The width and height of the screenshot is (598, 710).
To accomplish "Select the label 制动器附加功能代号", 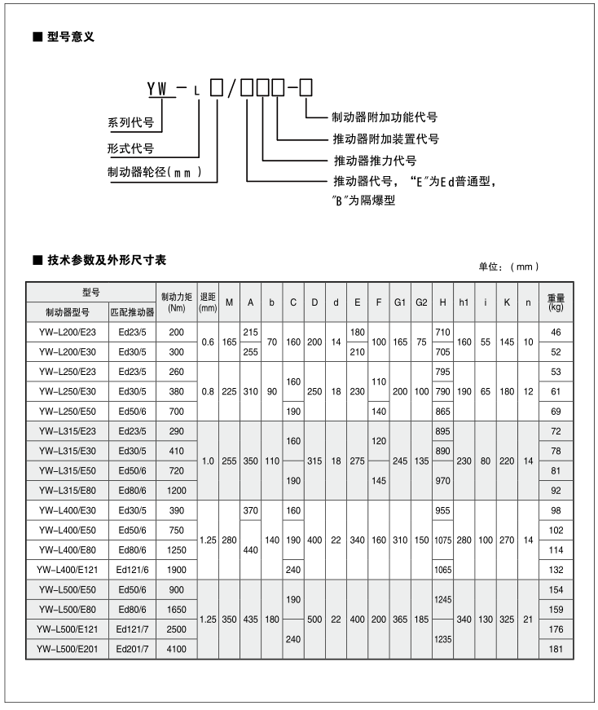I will coord(384,117).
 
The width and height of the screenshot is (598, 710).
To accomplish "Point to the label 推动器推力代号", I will coord(375,160).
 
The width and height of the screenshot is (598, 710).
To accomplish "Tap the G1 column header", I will coord(399,302).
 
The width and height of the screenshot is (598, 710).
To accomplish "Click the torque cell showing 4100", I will coord(177,649).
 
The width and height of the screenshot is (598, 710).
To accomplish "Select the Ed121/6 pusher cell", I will coord(132,570).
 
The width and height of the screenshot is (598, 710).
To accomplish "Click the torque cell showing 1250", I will coord(177,550).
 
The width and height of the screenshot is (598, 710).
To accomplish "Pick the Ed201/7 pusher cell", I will coord(132,649).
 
